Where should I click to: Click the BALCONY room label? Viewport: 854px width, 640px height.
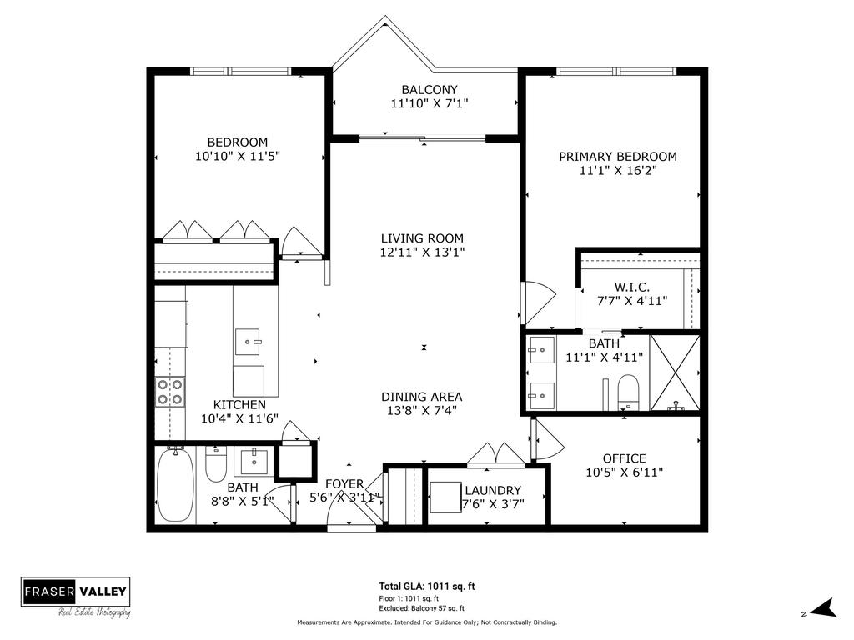[x=429, y=90]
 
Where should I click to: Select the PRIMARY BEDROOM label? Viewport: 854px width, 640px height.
[x=617, y=157]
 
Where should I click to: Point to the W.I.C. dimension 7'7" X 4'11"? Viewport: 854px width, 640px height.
[x=631, y=301]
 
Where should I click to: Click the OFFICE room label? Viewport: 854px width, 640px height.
[x=624, y=458]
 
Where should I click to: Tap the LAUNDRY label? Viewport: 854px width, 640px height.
[x=492, y=490]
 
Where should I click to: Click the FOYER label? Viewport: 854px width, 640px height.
[x=344, y=483]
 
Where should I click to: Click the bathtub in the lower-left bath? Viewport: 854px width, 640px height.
[x=175, y=486]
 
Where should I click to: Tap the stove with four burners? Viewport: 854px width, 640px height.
[x=170, y=392]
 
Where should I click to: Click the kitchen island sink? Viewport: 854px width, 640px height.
[x=249, y=341]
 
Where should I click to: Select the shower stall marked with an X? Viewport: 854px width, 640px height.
[x=675, y=372]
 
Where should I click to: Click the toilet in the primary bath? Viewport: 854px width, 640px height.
[x=626, y=391]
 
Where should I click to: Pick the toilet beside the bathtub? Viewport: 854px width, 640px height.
[x=216, y=463]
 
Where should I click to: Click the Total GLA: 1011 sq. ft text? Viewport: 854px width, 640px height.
[x=427, y=587]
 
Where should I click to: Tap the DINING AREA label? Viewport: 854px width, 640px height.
[x=421, y=397]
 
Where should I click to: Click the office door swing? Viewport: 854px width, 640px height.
[x=544, y=437]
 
